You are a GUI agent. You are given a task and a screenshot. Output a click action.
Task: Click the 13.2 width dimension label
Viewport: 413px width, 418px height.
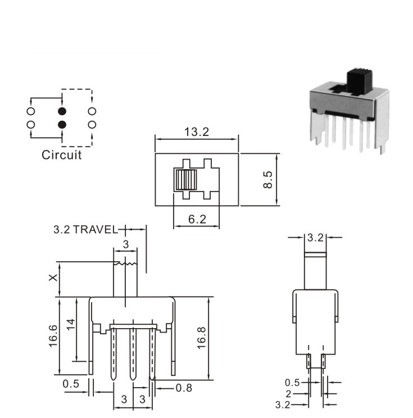[197, 132]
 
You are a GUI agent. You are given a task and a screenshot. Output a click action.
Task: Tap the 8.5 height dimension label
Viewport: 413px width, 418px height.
[267, 180]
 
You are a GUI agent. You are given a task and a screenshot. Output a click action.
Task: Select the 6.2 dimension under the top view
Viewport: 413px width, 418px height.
[197, 220]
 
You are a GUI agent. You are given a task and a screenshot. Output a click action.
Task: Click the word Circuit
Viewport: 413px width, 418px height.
[62, 155]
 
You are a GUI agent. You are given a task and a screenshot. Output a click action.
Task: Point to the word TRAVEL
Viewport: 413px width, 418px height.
[95, 230]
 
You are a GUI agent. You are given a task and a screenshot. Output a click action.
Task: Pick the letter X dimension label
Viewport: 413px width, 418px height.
[53, 278]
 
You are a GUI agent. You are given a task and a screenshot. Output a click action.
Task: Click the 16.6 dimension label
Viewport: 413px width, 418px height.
[53, 336]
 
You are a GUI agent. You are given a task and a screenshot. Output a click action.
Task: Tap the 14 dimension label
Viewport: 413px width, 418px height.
[71, 324]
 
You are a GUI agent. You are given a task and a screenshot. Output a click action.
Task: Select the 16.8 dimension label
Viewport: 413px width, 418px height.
[202, 338]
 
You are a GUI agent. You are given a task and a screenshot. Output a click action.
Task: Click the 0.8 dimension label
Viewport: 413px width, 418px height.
[184, 388]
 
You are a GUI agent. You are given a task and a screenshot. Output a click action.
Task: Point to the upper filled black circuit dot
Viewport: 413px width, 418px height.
[62, 111]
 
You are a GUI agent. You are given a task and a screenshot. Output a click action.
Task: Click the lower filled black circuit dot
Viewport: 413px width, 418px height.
[62, 125]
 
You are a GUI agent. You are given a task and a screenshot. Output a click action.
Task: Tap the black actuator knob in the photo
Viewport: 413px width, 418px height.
[359, 82]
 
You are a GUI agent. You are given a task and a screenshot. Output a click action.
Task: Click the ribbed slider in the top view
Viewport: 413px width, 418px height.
[186, 180]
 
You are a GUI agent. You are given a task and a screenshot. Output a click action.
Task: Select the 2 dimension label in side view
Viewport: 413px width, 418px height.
[288, 394]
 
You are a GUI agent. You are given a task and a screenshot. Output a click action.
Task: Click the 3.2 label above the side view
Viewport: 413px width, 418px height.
[315, 238]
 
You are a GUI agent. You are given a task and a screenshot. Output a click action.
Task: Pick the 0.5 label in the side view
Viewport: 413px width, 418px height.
[292, 383]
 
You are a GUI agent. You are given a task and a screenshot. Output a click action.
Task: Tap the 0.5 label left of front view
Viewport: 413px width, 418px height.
[71, 384]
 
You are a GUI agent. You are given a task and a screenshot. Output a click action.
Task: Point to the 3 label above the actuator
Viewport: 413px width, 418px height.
[125, 244]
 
